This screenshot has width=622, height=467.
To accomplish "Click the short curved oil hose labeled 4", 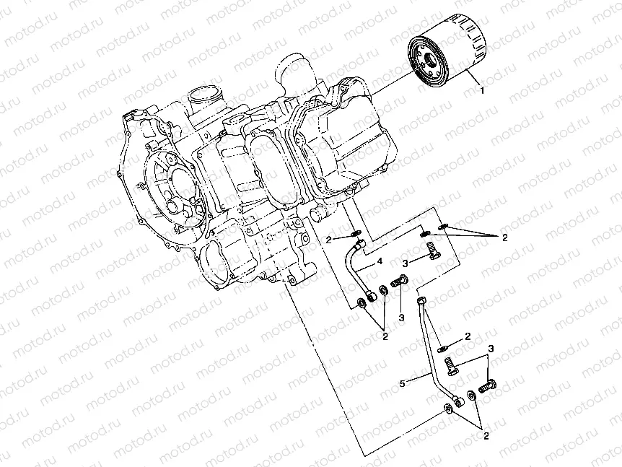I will coord(357,270).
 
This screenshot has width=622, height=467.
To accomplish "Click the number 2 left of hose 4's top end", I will coord(328,238).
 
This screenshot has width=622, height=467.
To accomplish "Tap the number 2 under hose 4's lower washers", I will coord(385,336).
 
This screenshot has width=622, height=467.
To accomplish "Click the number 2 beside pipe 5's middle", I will coord(467,336).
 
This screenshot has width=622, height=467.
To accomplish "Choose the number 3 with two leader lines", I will coord(491,349).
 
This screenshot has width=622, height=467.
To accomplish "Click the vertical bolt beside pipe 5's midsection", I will coord(450,365).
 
